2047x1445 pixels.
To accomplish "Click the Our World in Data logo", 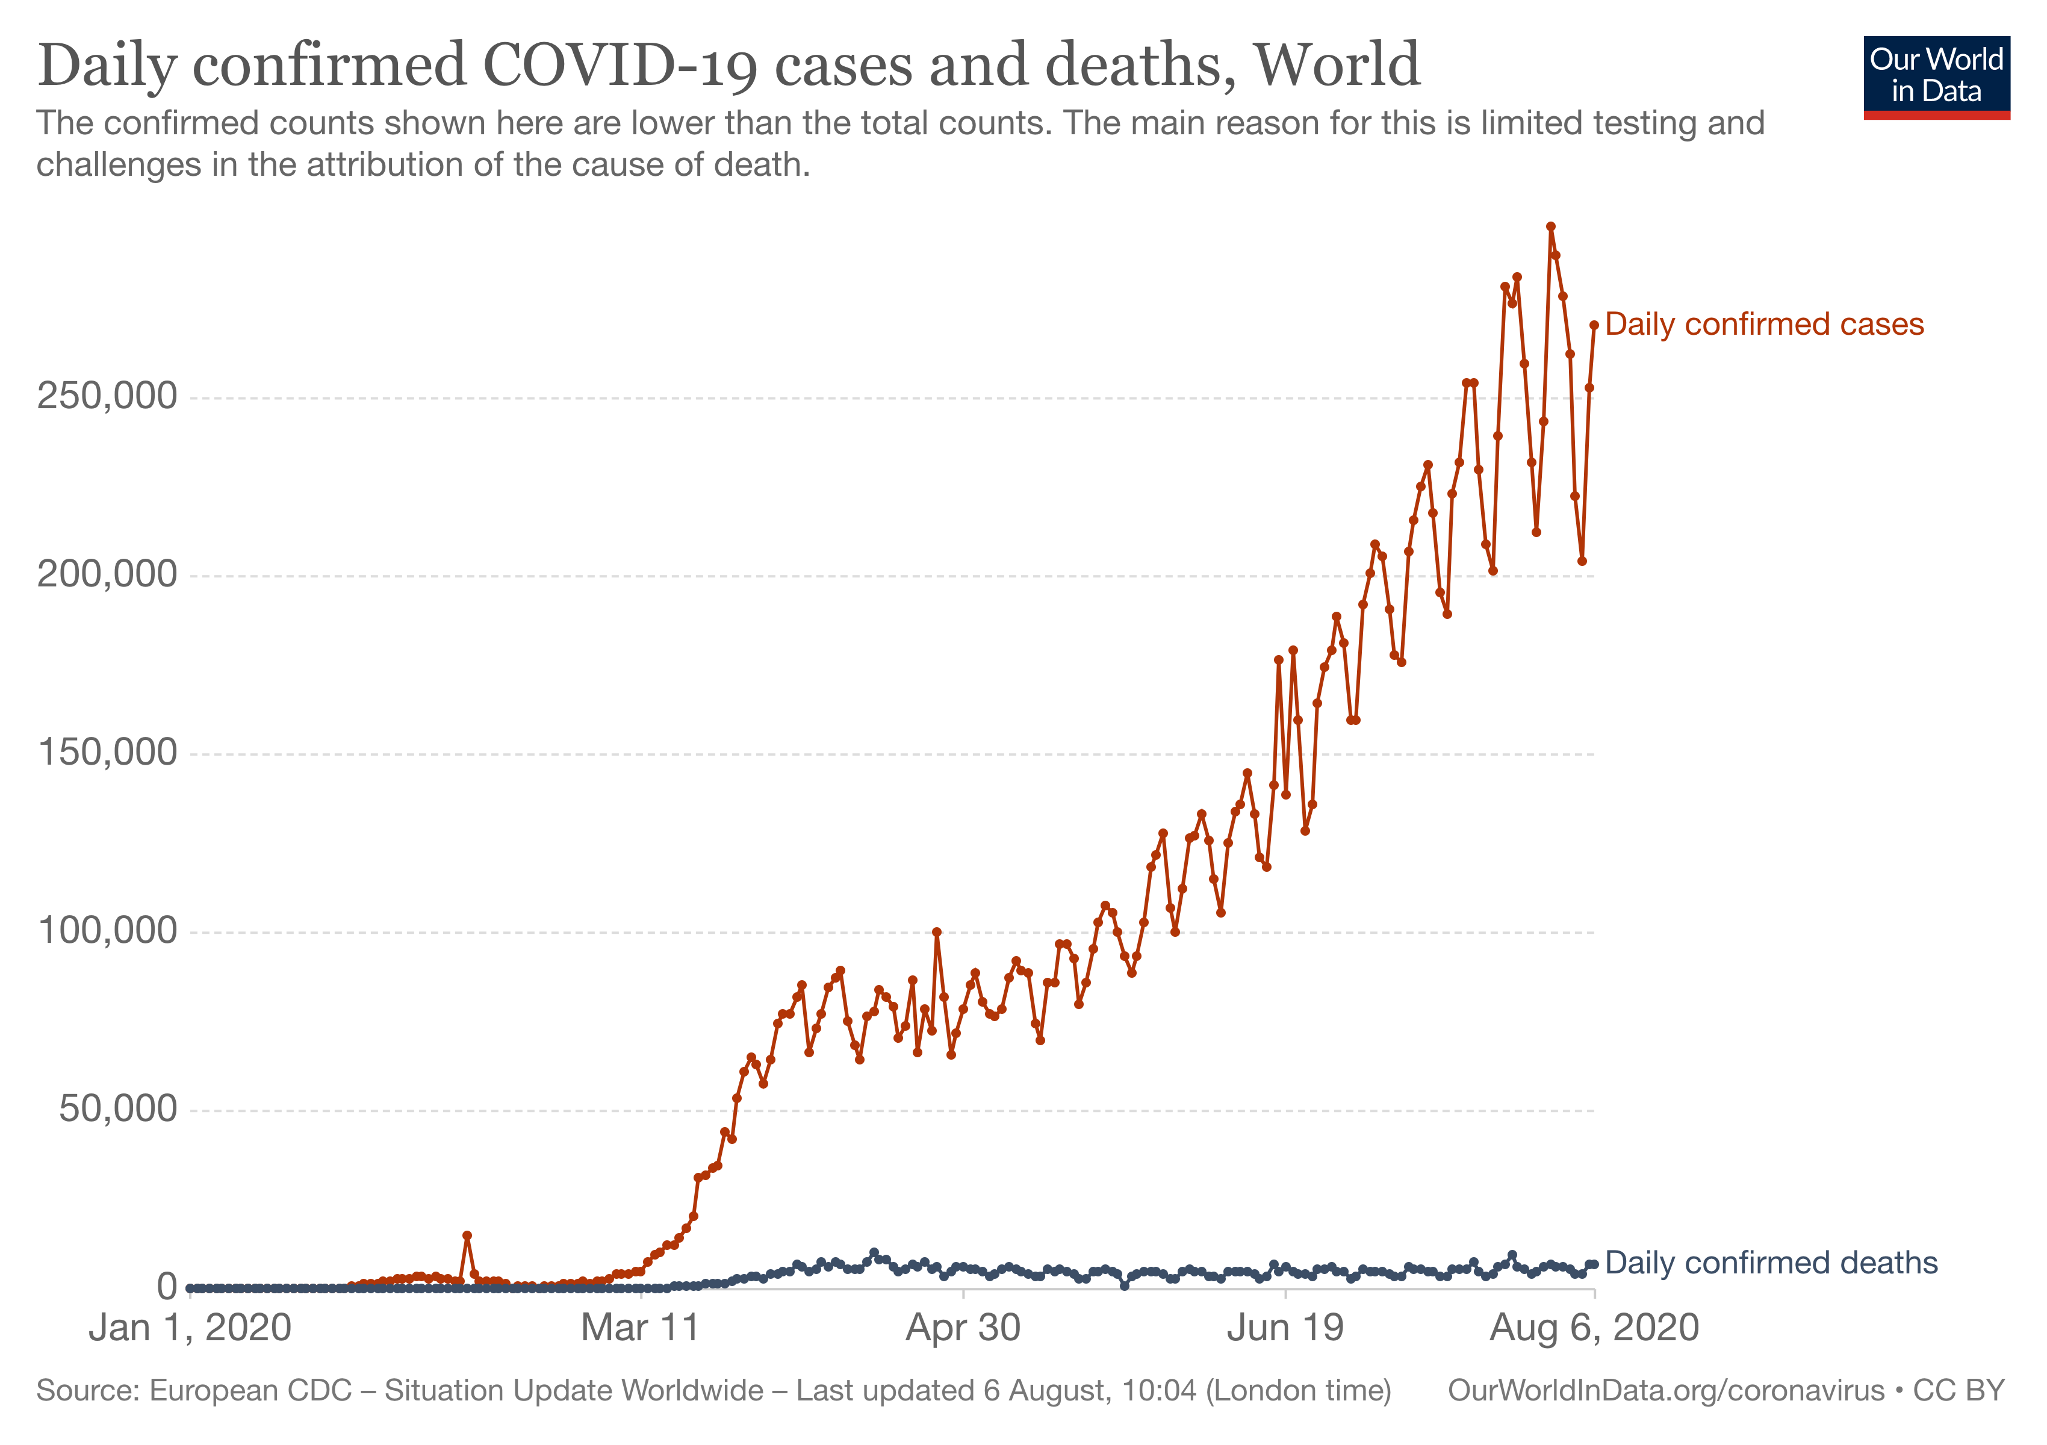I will pyautogui.click(x=1936, y=76).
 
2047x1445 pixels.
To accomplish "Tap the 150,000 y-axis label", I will pyautogui.click(x=107, y=753).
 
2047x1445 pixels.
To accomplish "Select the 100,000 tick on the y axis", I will pyautogui.click(x=107, y=931).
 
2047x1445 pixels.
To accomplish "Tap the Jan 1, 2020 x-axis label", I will pyautogui.click(x=190, y=1328).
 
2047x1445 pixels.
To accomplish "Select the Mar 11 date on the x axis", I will pyautogui.click(x=640, y=1328).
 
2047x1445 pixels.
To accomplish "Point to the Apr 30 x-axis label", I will pyautogui.click(x=963, y=1328).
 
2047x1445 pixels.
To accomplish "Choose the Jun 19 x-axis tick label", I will pyautogui.click(x=1285, y=1328).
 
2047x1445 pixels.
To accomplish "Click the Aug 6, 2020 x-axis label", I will pyautogui.click(x=1594, y=1328).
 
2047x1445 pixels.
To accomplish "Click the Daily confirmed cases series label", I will pyautogui.click(x=1765, y=325).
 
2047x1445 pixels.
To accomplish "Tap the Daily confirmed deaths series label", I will pyautogui.click(x=1771, y=1263).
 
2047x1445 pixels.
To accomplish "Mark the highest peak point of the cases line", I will pyautogui.click(x=1550, y=226).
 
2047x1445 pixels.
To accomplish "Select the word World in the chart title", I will pyautogui.click(x=1337, y=66).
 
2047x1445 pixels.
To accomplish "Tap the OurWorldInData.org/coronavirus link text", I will pyautogui.click(x=1665, y=1391).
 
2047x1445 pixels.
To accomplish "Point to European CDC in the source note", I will pyautogui.click(x=250, y=1391).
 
